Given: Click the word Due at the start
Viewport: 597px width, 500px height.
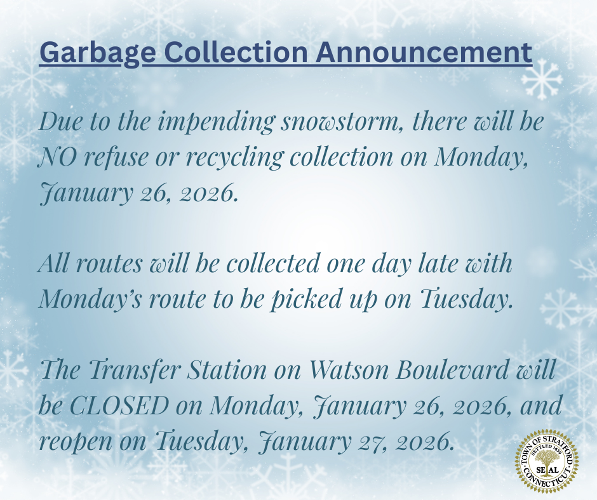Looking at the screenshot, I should [58, 122].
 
